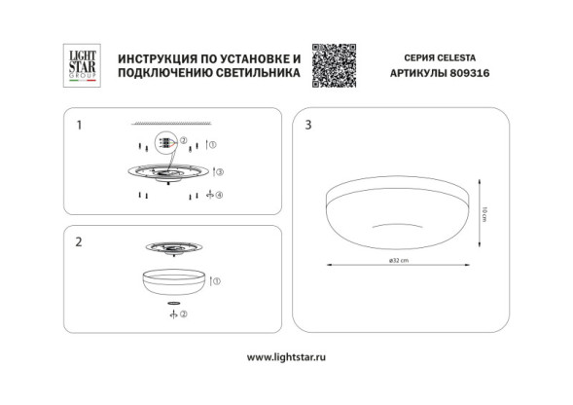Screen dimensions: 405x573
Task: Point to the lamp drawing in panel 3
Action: coord(395,214)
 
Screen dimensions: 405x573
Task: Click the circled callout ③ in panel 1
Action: coord(220,171)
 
